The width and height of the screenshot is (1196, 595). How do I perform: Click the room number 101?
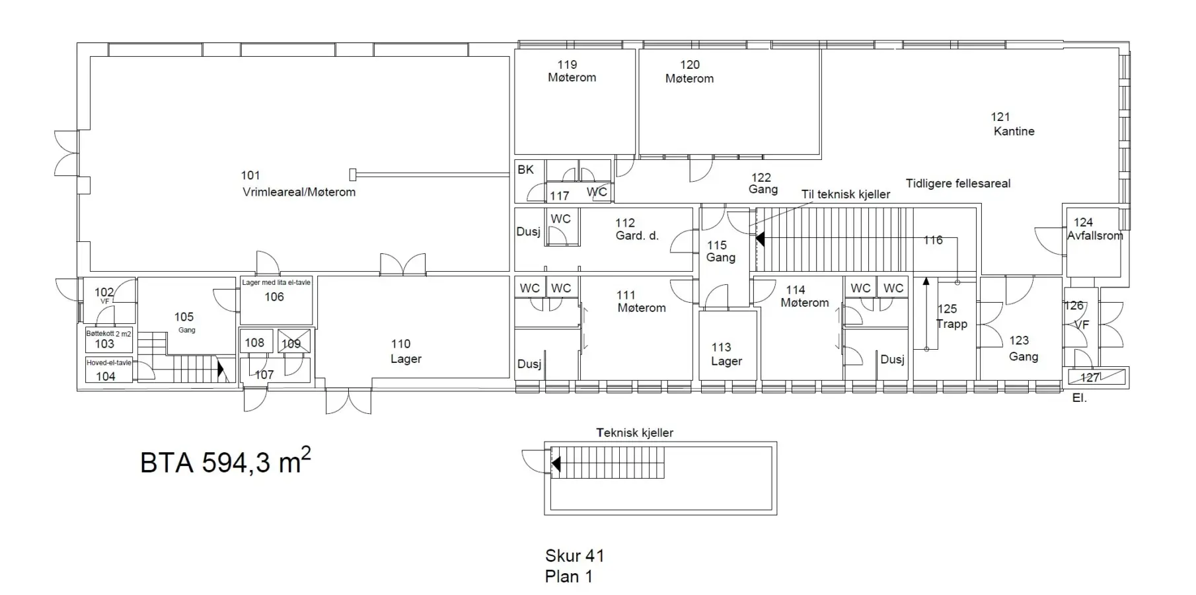click(250, 175)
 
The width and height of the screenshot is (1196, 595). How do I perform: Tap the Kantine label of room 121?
click(1014, 131)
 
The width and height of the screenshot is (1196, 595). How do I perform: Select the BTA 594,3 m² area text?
click(225, 461)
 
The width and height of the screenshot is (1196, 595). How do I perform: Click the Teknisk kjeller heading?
click(634, 433)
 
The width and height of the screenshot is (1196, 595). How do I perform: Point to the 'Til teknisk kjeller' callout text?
click(846, 194)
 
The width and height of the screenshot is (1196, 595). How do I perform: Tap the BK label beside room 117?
click(525, 170)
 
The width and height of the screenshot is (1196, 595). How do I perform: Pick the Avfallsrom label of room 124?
click(1095, 235)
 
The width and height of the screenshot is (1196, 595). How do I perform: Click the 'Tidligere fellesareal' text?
click(958, 184)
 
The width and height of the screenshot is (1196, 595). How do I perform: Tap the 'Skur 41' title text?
click(575, 556)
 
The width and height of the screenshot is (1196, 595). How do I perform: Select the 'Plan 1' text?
click(569, 576)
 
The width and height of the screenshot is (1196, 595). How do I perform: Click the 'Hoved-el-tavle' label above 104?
click(109, 362)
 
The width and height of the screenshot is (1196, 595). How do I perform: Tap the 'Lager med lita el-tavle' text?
click(276, 283)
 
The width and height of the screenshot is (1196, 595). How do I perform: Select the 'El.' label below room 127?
click(1079, 399)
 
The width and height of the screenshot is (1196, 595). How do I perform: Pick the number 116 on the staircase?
click(933, 240)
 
